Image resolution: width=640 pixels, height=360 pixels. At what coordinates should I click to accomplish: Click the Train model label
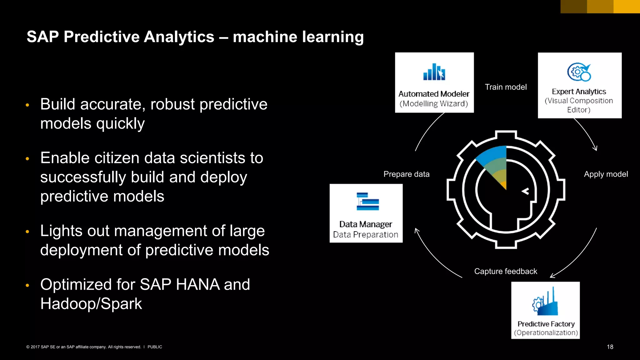click(x=506, y=87)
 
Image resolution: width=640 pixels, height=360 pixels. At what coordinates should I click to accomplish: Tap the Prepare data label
click(x=406, y=174)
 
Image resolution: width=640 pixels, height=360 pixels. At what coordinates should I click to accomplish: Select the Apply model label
click(x=606, y=174)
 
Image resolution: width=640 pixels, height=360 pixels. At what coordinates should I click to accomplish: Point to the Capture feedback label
click(x=505, y=271)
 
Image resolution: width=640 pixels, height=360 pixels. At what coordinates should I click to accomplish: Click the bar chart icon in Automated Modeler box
click(x=434, y=72)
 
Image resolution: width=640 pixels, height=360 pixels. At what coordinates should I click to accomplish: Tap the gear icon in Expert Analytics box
click(x=579, y=72)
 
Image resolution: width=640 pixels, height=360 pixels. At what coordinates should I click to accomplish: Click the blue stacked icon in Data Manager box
click(x=367, y=202)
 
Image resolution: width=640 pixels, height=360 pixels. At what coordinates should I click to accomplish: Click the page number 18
click(x=610, y=347)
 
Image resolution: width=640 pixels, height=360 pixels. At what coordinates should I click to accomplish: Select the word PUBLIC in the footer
click(x=155, y=347)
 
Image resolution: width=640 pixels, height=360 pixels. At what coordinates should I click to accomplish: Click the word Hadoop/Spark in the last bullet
click(x=91, y=304)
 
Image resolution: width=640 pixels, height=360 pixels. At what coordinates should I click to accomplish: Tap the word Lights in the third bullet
click(x=61, y=231)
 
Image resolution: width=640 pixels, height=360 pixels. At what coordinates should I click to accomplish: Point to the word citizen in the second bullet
click(x=117, y=158)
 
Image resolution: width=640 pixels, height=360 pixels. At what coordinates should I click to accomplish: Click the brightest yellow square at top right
click(x=626, y=6)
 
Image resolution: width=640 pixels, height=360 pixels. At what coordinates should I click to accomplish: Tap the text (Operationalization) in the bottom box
click(x=546, y=332)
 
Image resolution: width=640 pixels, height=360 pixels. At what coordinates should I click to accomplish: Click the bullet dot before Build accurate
click(x=27, y=105)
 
